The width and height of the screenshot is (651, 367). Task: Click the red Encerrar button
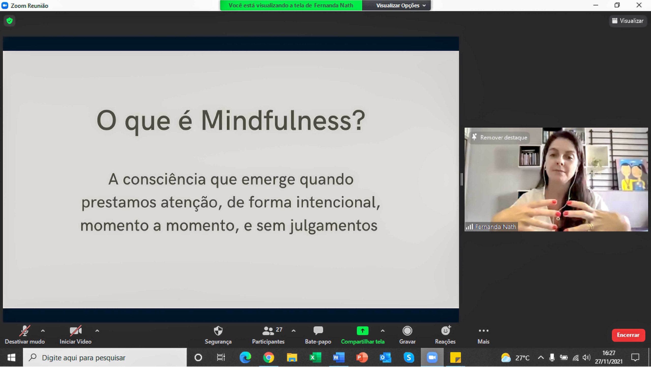coord(628,335)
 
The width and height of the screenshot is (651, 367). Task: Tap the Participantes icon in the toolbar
coord(268,331)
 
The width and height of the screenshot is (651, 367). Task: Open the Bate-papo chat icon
coord(318,331)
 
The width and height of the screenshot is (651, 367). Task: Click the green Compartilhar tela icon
coord(362,331)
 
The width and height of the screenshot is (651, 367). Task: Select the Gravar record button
coord(407,331)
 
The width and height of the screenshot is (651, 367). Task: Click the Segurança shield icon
coord(218,331)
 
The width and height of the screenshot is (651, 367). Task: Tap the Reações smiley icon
coord(446,330)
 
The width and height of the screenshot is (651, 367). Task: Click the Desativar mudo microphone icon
coord(25,331)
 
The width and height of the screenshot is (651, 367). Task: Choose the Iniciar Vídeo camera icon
coord(76,331)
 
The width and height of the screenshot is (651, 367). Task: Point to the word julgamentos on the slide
coord(334,226)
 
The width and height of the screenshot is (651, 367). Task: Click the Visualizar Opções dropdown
coord(401,5)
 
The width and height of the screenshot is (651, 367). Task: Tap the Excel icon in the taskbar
coord(315,358)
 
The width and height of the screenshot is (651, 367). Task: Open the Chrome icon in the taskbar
coord(269,358)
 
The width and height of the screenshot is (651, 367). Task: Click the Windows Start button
coord(11,358)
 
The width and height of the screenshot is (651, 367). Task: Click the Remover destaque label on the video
coord(504,138)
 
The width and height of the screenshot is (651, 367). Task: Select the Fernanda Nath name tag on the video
coord(495,227)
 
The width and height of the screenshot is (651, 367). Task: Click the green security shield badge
coord(9,21)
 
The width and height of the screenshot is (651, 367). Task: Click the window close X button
coord(639,5)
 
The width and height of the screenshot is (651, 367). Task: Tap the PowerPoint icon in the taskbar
coord(362,358)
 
